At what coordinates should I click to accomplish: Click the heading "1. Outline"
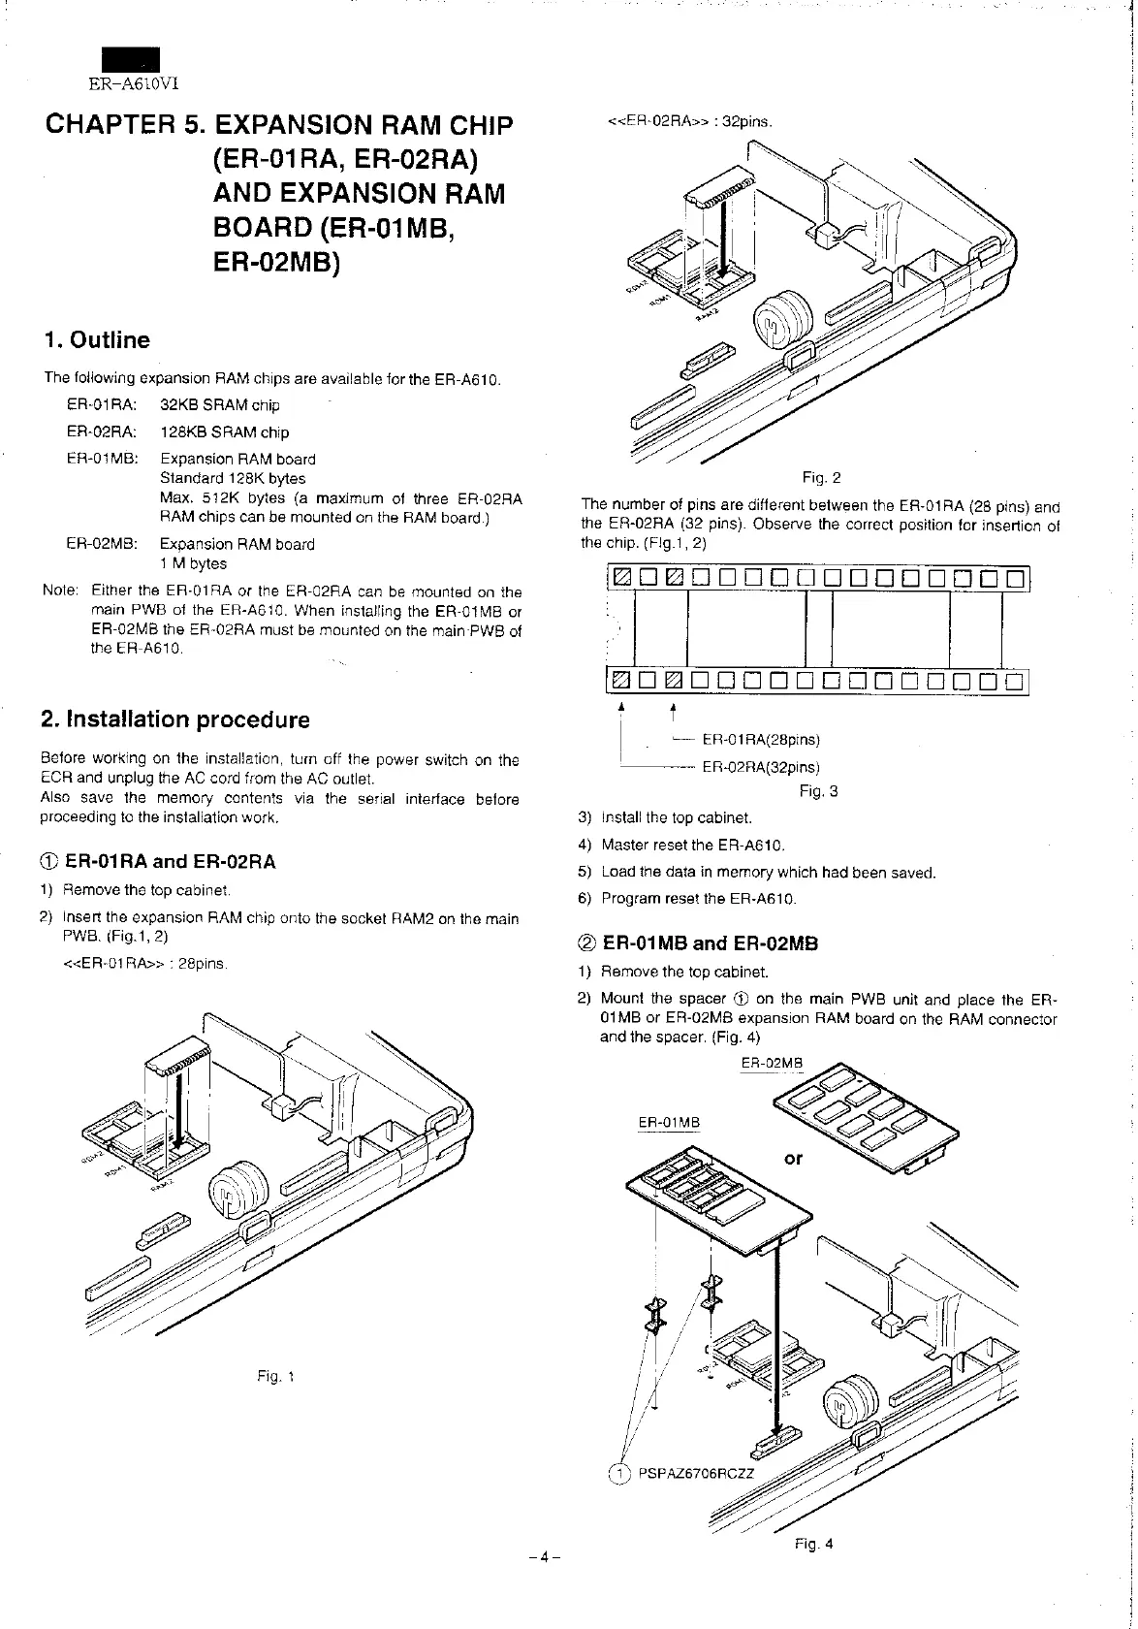[97, 340]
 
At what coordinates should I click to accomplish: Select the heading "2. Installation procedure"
[175, 719]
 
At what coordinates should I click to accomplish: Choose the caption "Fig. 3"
[818, 791]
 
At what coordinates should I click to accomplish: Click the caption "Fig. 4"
[813, 1544]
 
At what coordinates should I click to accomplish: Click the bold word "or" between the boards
[793, 1159]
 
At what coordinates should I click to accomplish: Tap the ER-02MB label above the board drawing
[772, 1063]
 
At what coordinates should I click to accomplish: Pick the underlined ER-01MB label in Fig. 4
[669, 1123]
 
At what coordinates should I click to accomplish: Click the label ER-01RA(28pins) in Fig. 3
[761, 741]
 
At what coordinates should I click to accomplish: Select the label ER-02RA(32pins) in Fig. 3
[761, 767]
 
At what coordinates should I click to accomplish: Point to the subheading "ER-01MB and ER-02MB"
[710, 943]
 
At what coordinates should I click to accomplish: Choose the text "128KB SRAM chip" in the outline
[224, 432]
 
